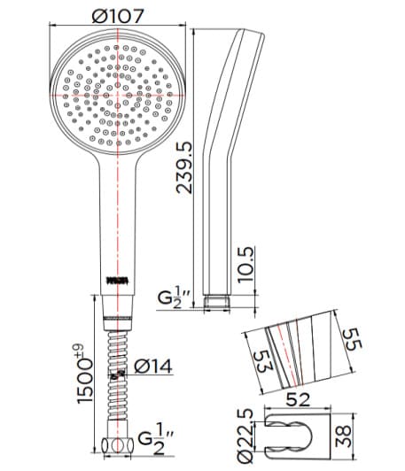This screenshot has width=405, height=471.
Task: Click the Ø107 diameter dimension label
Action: pos(118,15)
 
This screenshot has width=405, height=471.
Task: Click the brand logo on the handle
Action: pos(118,281)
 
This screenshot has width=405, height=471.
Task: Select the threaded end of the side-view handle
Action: pos(216,300)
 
